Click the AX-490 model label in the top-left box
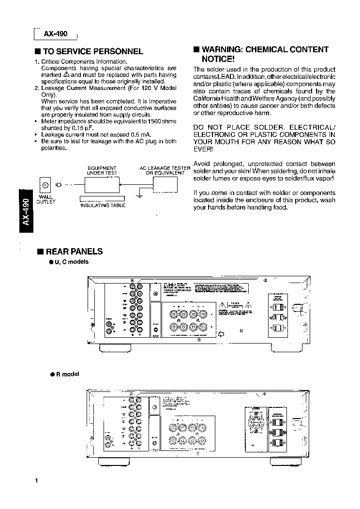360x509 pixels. click(55, 34)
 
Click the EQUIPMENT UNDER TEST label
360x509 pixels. click(102, 170)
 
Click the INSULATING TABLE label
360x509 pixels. click(102, 205)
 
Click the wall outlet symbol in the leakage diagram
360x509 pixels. click(45, 185)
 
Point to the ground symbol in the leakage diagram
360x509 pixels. click(139, 196)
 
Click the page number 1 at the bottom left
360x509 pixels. click(36, 480)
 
